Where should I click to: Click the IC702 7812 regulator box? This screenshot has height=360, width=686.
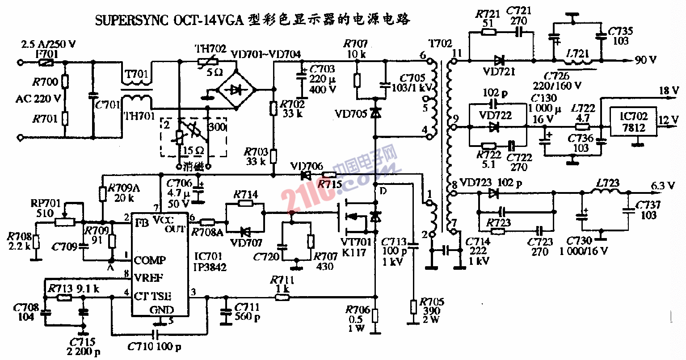click(633, 122)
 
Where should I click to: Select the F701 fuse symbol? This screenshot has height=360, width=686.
click(44, 63)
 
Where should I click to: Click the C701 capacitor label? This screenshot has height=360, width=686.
click(108, 105)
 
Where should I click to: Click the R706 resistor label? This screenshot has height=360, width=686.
click(357, 310)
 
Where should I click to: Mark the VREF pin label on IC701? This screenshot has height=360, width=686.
click(148, 278)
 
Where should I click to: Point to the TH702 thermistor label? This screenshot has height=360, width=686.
click(210, 48)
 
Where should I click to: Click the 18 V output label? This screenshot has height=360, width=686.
click(669, 90)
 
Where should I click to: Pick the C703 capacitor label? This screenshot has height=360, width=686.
click(322, 69)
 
